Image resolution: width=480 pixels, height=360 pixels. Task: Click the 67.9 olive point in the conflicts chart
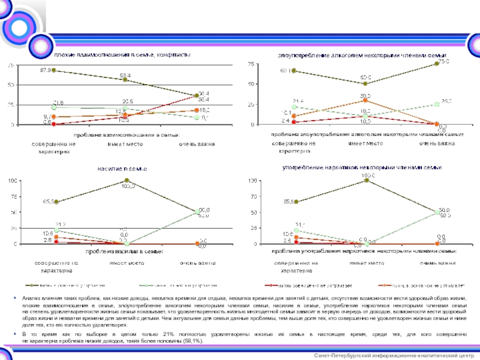53,70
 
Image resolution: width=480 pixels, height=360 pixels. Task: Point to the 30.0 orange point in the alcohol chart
365,100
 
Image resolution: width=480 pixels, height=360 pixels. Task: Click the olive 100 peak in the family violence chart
127,180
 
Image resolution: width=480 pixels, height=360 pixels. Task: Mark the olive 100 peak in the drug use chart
366,180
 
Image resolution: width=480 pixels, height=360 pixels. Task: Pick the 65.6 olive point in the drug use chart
295,202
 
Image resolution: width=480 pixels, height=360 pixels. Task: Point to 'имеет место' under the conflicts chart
125,144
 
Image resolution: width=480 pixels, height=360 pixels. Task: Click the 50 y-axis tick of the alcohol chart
251,85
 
